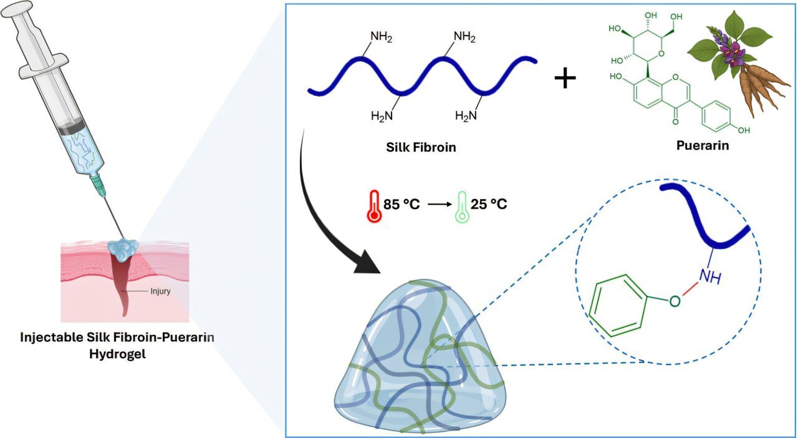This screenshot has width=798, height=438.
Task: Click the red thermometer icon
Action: (x=374, y=207)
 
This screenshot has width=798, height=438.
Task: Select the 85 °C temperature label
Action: (x=401, y=205)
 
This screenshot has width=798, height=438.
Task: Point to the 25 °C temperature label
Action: (x=489, y=204)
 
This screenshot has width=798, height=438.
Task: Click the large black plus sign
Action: (x=565, y=79)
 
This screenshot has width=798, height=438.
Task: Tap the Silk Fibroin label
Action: (x=421, y=147)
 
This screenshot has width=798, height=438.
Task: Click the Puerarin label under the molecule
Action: (x=703, y=145)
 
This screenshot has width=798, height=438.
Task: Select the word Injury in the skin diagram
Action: (x=160, y=291)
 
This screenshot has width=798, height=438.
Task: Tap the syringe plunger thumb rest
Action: (x=16, y=9)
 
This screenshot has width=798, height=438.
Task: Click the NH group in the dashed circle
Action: (x=711, y=276)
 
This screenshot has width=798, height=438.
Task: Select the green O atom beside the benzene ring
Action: (x=675, y=301)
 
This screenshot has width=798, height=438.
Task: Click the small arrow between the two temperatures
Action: (x=440, y=205)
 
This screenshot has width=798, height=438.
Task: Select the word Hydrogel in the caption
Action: (x=118, y=354)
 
